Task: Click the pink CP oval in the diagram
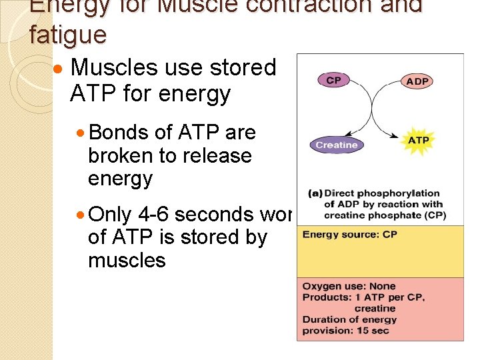coord(333,80)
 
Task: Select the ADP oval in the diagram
coord(417,81)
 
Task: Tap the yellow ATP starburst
coord(418,141)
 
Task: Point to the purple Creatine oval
coord(337,145)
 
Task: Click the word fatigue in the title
coord(68,35)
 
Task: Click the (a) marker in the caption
coord(315,194)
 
